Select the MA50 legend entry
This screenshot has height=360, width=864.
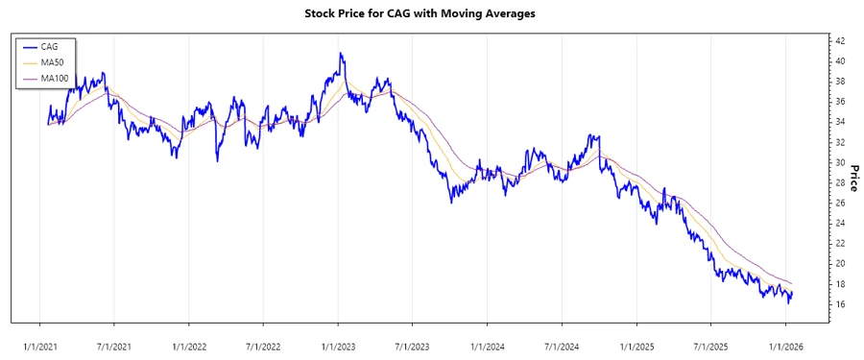click(52, 61)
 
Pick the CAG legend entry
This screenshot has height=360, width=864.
click(50, 46)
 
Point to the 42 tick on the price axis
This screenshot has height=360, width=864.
click(840, 40)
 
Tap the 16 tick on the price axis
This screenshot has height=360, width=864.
click(840, 304)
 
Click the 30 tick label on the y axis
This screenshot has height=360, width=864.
click(840, 162)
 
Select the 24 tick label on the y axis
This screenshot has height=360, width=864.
click(840, 223)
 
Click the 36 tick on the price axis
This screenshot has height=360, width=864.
click(840, 102)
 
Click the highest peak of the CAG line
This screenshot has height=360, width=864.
click(341, 54)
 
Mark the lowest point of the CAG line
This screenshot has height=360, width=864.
click(789, 303)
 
